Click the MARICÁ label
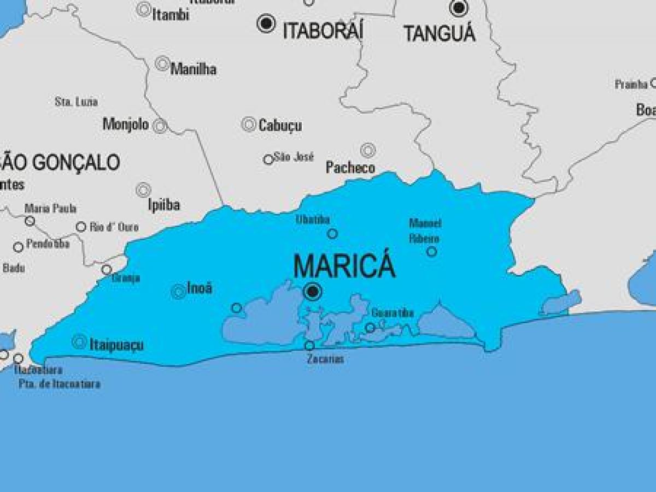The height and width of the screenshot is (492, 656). [x=344, y=266]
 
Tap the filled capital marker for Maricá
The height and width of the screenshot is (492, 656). [x=313, y=292]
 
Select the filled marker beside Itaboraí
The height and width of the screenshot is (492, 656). [x=266, y=24]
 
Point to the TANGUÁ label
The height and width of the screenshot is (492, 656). [x=440, y=34]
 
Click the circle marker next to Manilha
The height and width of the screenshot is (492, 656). [x=162, y=64]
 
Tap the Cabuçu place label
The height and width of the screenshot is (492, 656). [x=280, y=126]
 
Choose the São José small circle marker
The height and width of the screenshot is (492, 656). [x=268, y=159]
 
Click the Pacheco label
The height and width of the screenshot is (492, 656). [x=350, y=168]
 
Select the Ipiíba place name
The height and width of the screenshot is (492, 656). [x=164, y=205]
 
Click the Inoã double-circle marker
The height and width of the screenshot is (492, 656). [x=178, y=292]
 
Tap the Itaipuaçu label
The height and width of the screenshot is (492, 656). [x=116, y=345]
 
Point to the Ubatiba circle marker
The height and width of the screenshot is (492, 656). [x=332, y=234]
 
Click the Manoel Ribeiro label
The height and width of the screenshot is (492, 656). [x=425, y=230]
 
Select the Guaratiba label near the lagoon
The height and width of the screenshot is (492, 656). [x=392, y=313]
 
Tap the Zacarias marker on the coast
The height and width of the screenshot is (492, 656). [x=309, y=346]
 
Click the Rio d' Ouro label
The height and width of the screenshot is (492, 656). [x=114, y=227]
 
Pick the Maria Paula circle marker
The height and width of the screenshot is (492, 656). [x=30, y=221]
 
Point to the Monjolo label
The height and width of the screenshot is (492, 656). [x=126, y=125]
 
